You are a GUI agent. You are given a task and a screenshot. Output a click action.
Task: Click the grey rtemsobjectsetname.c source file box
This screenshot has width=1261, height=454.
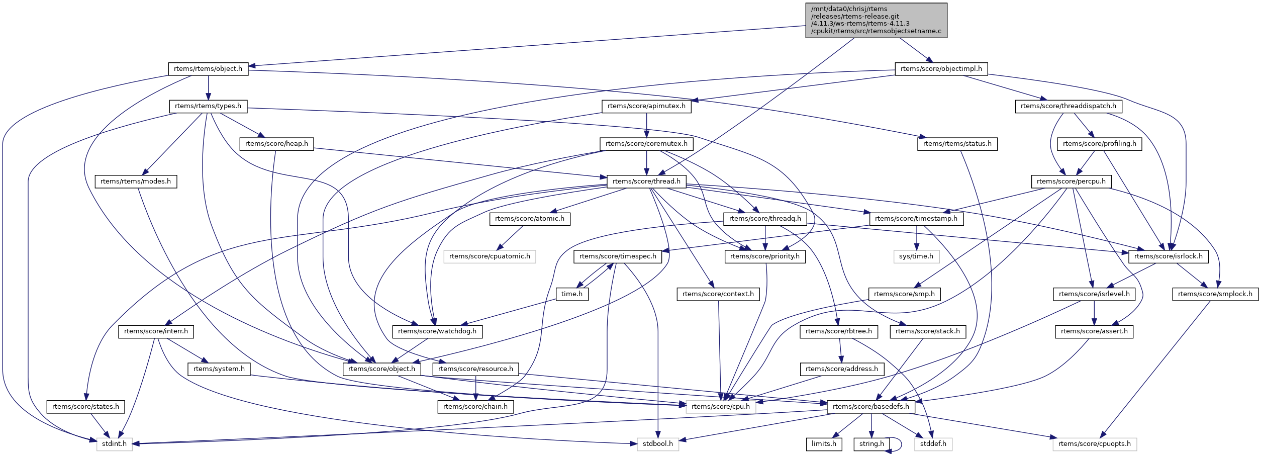(x=876, y=20)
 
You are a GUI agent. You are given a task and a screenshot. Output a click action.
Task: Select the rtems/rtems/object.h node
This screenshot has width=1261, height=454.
(x=208, y=69)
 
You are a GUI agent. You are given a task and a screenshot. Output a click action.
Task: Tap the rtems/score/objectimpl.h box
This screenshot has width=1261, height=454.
(x=941, y=69)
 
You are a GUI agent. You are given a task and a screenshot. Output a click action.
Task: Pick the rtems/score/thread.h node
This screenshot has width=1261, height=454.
(x=646, y=181)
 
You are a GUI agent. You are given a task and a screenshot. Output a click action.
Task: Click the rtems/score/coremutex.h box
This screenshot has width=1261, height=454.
(x=646, y=144)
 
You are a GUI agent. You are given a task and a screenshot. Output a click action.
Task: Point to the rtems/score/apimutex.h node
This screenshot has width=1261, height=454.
(x=646, y=106)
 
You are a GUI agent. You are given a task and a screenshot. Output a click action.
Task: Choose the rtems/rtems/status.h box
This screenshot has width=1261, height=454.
(x=957, y=144)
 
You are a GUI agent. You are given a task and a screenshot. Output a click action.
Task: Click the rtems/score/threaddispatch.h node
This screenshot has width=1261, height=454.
(x=1068, y=106)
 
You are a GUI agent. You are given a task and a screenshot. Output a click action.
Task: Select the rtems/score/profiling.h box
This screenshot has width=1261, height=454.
(x=1099, y=144)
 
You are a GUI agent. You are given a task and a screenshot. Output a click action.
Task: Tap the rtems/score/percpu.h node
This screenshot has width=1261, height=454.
(x=1071, y=181)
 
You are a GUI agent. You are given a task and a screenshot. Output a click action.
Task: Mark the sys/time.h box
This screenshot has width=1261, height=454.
(x=916, y=256)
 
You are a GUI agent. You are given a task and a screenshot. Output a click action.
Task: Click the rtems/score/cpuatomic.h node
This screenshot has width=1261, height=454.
(x=490, y=256)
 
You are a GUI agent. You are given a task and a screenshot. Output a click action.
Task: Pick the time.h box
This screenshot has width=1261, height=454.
(x=572, y=294)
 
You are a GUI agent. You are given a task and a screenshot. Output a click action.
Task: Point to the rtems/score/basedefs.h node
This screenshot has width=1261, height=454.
(x=870, y=407)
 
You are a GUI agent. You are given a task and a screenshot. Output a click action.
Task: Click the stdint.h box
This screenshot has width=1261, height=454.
(x=114, y=444)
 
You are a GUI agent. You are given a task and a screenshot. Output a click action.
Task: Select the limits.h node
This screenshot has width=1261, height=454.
(x=824, y=444)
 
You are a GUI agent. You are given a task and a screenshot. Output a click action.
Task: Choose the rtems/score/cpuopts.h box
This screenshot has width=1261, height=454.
(x=1094, y=444)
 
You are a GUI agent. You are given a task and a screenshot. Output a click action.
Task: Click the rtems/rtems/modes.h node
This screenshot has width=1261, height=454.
(x=136, y=181)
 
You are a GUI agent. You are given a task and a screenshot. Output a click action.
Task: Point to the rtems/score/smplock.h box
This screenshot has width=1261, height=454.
(x=1215, y=294)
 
